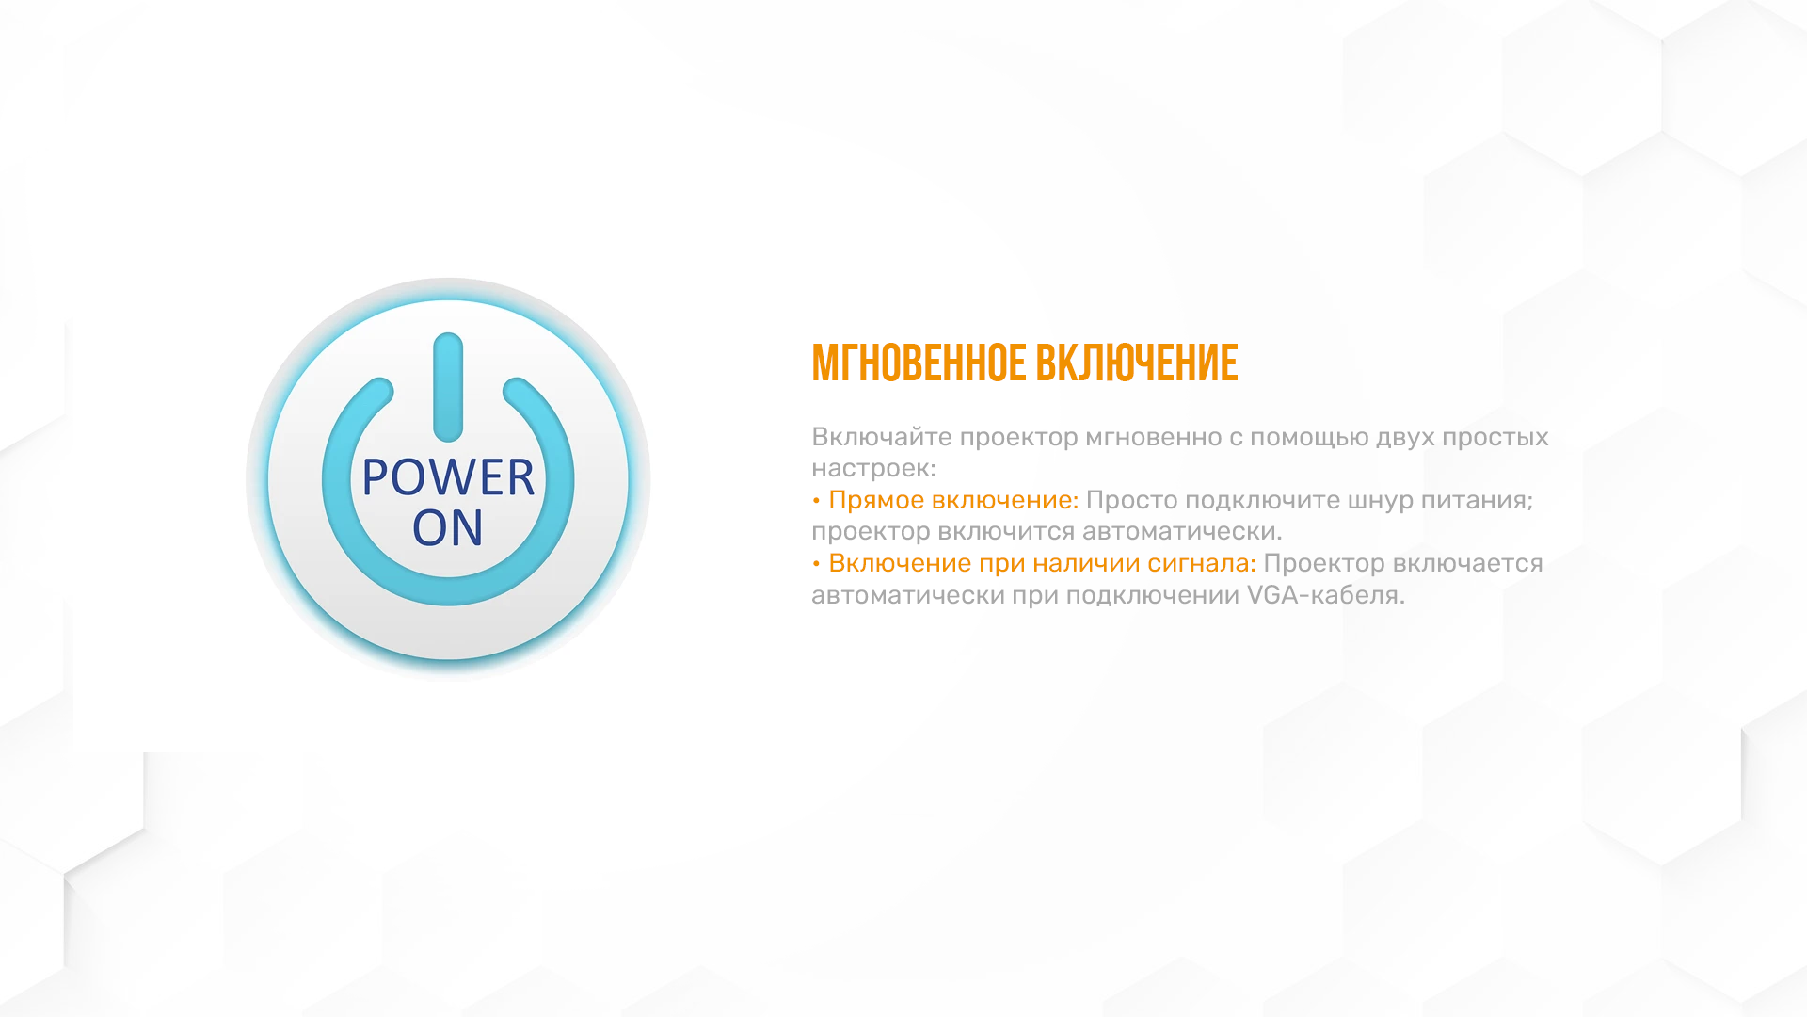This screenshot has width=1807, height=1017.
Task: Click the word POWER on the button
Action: pyautogui.click(x=448, y=477)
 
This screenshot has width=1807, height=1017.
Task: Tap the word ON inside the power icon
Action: pyautogui.click(x=448, y=527)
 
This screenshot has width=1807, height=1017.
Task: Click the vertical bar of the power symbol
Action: pyautogui.click(x=448, y=387)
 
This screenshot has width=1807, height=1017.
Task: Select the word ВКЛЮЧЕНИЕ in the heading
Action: pyautogui.click(x=1137, y=363)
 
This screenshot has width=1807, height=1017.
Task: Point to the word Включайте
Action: pyautogui.click(x=882, y=437)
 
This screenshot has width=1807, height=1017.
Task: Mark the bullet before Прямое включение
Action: pyautogui.click(x=816, y=501)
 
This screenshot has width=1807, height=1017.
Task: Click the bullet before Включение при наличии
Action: pyautogui.click(x=816, y=564)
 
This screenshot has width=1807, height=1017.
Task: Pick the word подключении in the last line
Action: pyautogui.click(x=1153, y=596)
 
